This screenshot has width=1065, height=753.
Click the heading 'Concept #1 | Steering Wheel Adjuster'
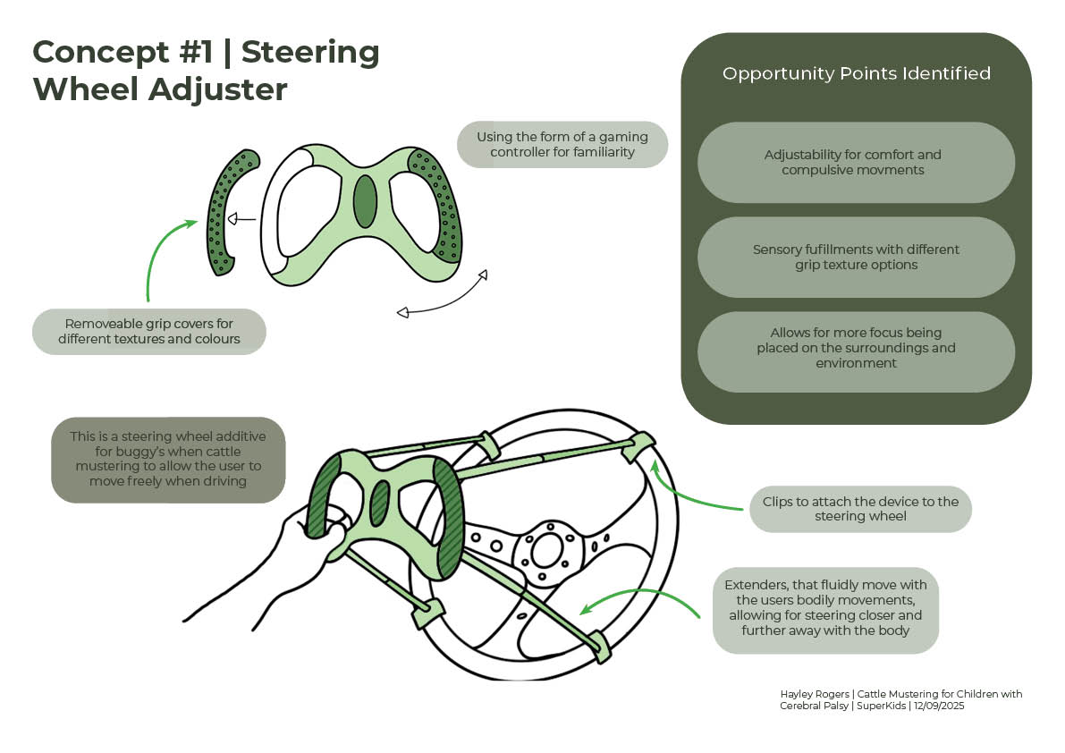(x=206, y=71)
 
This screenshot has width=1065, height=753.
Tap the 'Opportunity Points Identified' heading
(x=856, y=73)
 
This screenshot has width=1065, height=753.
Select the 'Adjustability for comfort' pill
(x=856, y=162)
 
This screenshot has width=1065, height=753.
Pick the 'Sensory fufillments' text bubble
(x=856, y=257)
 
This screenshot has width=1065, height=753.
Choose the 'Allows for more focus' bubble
(x=856, y=349)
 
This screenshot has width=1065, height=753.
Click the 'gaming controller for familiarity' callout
(x=562, y=144)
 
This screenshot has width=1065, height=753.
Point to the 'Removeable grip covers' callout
(x=149, y=331)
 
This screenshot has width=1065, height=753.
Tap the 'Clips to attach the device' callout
(x=859, y=509)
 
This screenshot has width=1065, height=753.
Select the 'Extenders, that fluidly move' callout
(x=825, y=607)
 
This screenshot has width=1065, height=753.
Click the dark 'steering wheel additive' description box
(x=168, y=459)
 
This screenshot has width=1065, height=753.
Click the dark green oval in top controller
(x=365, y=201)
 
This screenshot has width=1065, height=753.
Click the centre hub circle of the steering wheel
(x=545, y=550)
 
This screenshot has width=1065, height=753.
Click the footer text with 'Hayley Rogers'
(x=900, y=699)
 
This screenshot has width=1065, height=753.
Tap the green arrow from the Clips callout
(x=689, y=492)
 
